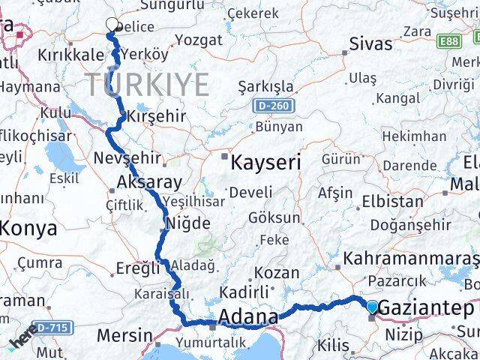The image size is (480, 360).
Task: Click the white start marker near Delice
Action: coord(112,25)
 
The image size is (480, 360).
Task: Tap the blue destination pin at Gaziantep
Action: coord(373,306)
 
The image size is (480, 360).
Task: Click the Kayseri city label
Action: coord(266,162)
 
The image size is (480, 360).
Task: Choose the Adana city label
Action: coord(247,318)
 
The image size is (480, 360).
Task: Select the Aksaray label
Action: coord(149,181)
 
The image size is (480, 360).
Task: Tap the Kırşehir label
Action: coord(156,117)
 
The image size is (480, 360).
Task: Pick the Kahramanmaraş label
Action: coord(410,259)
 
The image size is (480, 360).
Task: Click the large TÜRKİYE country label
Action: coord(146,84)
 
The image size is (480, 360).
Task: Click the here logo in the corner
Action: coord(22,341)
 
